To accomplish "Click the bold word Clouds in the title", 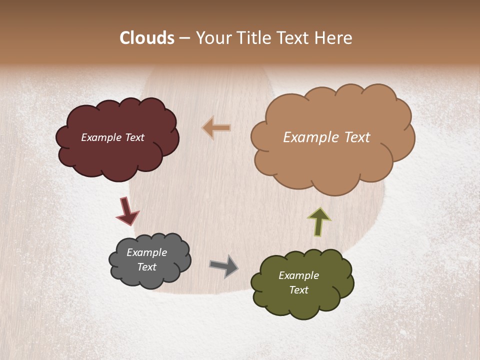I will click(147, 38).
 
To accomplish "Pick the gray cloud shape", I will click(150, 277).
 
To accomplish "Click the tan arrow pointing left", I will click(216, 128).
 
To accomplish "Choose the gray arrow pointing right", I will click(223, 266).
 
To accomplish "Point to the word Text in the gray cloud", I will click(146, 267).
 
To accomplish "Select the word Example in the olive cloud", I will click(298, 275).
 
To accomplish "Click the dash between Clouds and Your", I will click(184, 38).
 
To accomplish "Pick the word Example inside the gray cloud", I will click(146, 252).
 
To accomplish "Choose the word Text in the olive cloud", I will click(298, 290).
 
